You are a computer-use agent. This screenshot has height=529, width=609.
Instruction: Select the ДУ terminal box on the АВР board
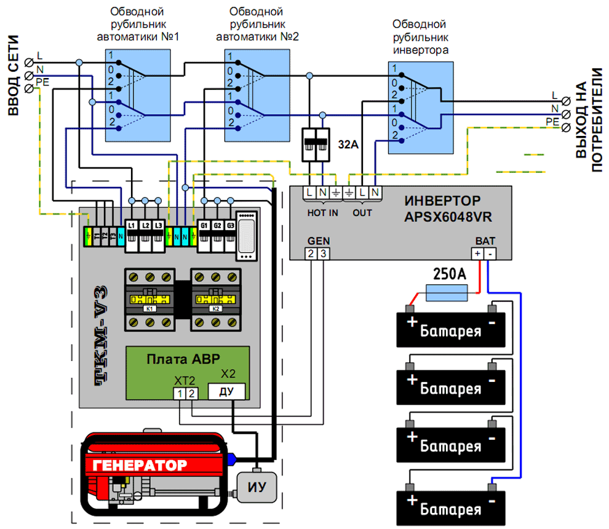[227, 391]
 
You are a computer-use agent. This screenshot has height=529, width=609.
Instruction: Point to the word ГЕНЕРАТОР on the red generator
[140, 464]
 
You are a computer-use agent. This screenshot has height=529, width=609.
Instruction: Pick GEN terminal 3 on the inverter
[323, 254]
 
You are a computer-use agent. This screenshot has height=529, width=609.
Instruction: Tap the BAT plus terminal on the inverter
[477, 254]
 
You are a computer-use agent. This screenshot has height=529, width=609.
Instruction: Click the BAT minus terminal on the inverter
[490, 254]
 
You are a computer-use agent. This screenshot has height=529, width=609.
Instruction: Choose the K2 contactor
[215, 300]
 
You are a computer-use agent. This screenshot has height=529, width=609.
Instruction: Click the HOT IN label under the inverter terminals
[323, 212]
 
